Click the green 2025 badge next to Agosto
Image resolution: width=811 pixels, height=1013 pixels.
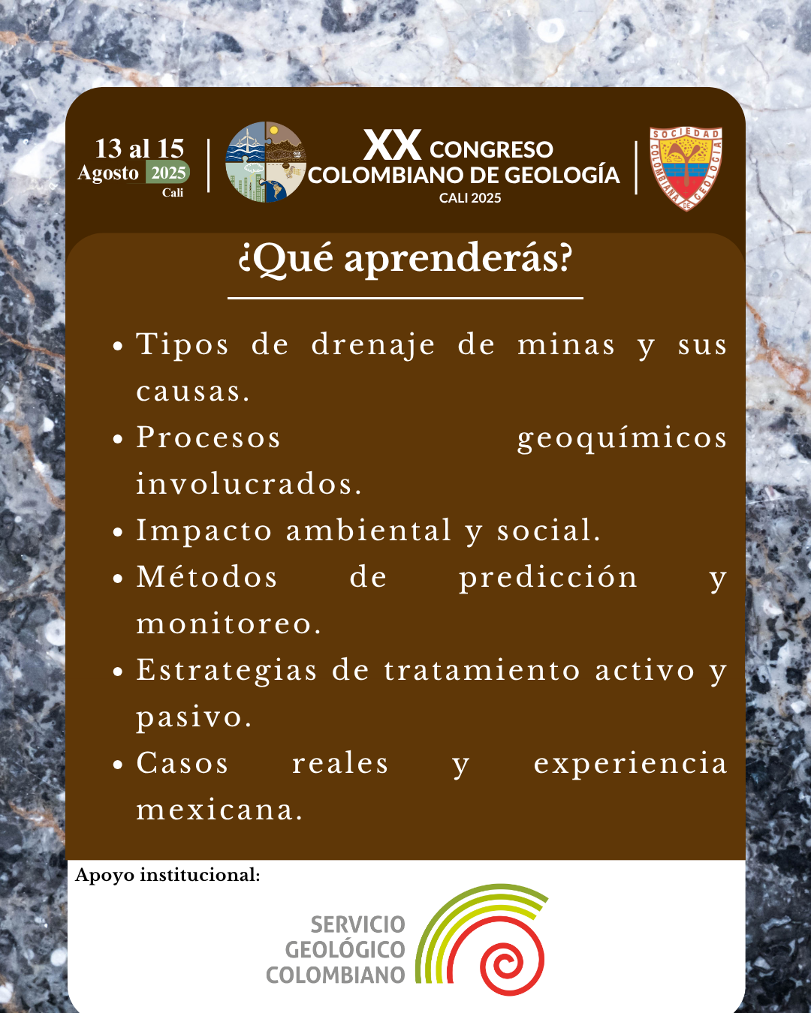[x=167, y=173]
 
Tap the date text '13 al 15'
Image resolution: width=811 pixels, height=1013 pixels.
[x=140, y=149]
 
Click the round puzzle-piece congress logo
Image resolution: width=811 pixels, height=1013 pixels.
[x=266, y=162]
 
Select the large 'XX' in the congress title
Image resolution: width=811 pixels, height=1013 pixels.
[x=392, y=145]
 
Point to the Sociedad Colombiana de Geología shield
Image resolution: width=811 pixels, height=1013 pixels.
[x=686, y=169]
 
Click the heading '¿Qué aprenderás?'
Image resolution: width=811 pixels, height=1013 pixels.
[x=405, y=260]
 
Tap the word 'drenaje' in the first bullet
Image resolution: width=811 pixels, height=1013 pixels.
[x=372, y=345]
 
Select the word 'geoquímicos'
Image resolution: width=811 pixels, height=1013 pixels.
[x=622, y=438]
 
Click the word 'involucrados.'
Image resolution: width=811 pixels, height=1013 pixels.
[x=249, y=483]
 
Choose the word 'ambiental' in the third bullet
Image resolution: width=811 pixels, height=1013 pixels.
[x=369, y=530]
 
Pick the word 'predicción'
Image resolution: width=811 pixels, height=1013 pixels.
[x=548, y=578]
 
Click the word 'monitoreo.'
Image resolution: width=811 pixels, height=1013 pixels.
[x=228, y=624]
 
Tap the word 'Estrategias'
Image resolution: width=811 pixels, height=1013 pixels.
[x=227, y=671]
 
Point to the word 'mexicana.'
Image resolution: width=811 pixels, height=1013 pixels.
[x=219, y=810]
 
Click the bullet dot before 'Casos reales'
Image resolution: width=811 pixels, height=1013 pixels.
[x=118, y=765]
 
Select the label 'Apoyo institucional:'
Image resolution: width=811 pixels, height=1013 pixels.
[x=167, y=876]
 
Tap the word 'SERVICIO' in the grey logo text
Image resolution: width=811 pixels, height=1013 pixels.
[x=357, y=925]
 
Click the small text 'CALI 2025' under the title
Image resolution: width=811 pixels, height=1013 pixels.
[x=470, y=198]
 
